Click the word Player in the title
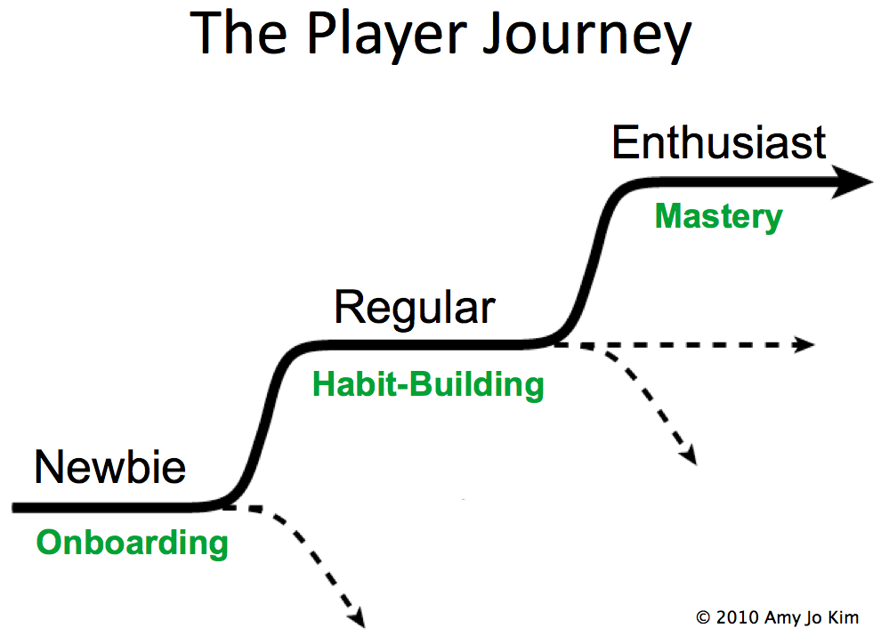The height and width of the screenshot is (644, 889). tap(387, 36)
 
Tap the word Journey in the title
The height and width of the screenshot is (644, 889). tap(587, 36)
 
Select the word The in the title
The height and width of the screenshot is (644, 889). tap(238, 34)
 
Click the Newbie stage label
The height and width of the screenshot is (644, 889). tap(110, 467)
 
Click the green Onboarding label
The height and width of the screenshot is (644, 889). tap(132, 543)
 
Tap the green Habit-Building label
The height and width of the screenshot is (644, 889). tap(428, 384)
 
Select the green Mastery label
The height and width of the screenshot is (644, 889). tap(719, 216)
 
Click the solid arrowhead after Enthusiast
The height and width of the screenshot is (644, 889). tap(852, 181)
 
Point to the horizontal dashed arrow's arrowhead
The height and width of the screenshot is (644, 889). tap(804, 344)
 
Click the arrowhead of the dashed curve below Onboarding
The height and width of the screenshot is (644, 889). tap(357, 617)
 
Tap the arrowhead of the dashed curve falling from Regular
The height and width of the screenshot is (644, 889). tap(688, 455)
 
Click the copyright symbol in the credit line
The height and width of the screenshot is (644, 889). tap(703, 617)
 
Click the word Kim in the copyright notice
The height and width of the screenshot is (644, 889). tap(845, 617)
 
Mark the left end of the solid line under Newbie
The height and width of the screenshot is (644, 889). tap(13, 507)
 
